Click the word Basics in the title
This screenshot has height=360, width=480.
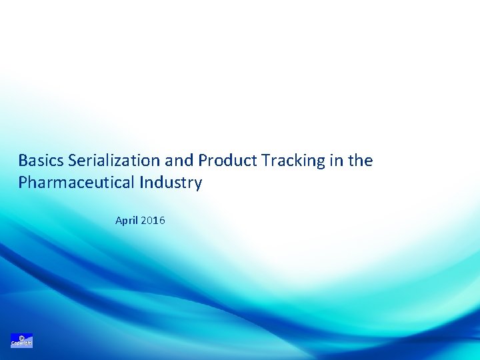click(x=41, y=161)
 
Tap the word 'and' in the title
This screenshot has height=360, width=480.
click(x=178, y=161)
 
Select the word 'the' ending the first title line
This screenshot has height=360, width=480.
click(x=360, y=161)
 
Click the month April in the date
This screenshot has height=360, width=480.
click(x=126, y=220)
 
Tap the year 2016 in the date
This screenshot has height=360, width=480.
click(x=153, y=220)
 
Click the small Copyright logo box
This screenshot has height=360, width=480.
click(x=21, y=341)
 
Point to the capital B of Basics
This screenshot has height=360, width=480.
click(x=23, y=161)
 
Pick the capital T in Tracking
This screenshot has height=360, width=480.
click(x=265, y=161)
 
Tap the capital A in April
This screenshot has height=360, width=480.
click(x=118, y=220)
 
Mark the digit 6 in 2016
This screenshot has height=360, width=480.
click(x=162, y=220)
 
